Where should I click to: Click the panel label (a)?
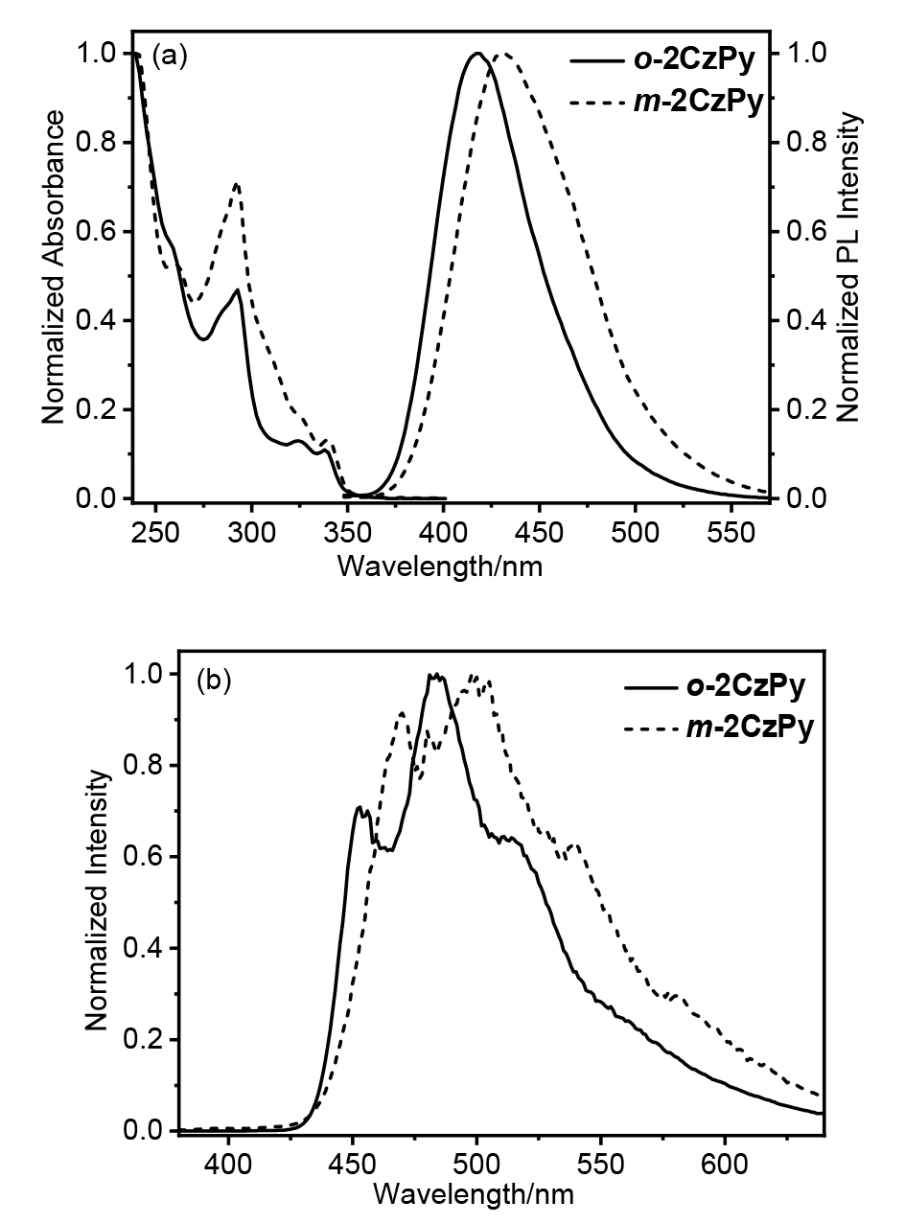(x=170, y=56)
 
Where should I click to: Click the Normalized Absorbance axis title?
(x=54, y=266)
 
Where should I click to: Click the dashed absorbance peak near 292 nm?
(x=236, y=184)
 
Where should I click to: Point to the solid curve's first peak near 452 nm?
(x=359, y=807)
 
